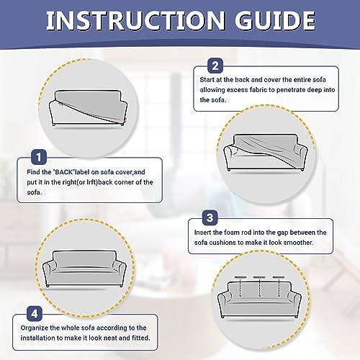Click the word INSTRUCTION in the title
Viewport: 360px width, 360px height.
pos(135,20)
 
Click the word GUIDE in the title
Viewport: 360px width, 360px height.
pos(275,20)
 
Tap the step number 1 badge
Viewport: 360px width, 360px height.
pos(39,157)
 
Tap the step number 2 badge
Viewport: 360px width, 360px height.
pos(215,66)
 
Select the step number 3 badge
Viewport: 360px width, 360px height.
pos(210,217)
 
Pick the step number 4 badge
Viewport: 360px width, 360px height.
pos(35,313)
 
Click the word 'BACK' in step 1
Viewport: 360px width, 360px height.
pos(64,172)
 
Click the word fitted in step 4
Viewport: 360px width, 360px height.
pos(141,338)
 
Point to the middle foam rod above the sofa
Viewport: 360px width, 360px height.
pos(259,277)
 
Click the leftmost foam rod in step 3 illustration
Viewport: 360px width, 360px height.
pos(240,277)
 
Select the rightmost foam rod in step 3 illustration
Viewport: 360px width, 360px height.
pos(279,277)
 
